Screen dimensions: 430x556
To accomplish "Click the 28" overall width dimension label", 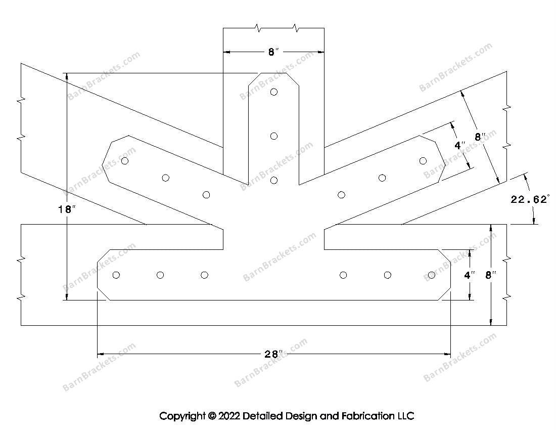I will point(272,354).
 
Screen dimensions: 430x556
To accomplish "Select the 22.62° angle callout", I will point(529,199).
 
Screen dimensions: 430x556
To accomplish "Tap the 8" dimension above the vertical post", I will point(273,52).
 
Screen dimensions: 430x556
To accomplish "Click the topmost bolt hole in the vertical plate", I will point(274,92).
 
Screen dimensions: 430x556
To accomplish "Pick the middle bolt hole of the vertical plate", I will point(274,136).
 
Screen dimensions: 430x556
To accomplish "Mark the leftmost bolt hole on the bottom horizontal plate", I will point(116,275).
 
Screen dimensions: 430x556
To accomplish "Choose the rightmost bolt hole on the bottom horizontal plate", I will point(431,275).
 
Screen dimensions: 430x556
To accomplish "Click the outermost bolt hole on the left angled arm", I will point(125,161).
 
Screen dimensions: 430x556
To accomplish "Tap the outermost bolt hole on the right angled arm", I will point(423,161).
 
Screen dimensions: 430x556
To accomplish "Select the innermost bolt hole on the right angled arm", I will point(341,195).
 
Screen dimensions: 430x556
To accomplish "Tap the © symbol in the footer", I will point(211,416).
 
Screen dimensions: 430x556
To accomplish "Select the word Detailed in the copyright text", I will point(263,416).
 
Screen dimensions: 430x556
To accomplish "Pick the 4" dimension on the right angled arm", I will point(459,145).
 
